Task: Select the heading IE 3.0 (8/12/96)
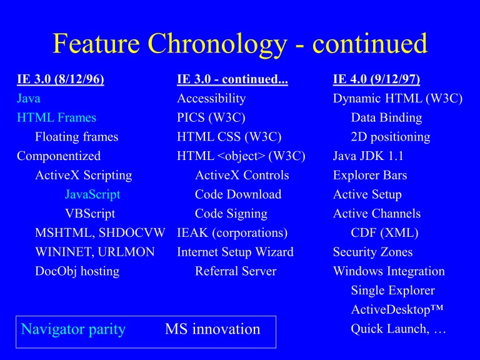pyautogui.click(x=60, y=79)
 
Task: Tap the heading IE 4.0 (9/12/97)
pyautogui.click(x=376, y=79)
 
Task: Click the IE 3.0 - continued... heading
pyautogui.click(x=232, y=79)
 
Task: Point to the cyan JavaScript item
pyautogui.click(x=92, y=194)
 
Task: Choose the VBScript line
pyautogui.click(x=90, y=214)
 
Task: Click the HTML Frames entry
pyautogui.click(x=56, y=117)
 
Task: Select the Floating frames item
pyautogui.click(x=76, y=137)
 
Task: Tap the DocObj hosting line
pyautogui.click(x=77, y=271)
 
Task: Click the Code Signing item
pyautogui.click(x=231, y=214)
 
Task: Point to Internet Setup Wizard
pyautogui.click(x=235, y=252)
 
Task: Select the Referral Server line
pyautogui.click(x=235, y=271)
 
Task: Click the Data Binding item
pyautogui.click(x=386, y=117)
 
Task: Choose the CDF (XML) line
pyautogui.click(x=384, y=233)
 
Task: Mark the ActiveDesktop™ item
pyautogui.click(x=398, y=310)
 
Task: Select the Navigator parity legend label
pyautogui.click(x=73, y=329)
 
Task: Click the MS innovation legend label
pyautogui.click(x=212, y=329)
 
